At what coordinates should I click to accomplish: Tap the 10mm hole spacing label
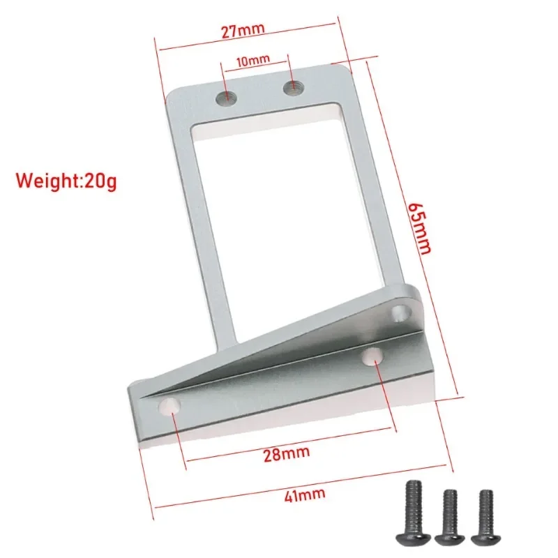253,61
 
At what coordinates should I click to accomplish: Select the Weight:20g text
67,181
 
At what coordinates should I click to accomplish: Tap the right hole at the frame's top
292,87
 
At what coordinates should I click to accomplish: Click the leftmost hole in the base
169,406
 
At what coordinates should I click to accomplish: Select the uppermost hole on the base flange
400,312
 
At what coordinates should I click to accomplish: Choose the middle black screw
448,516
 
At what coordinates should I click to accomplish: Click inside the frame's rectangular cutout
279,209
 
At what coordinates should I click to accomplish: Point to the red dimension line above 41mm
300,483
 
